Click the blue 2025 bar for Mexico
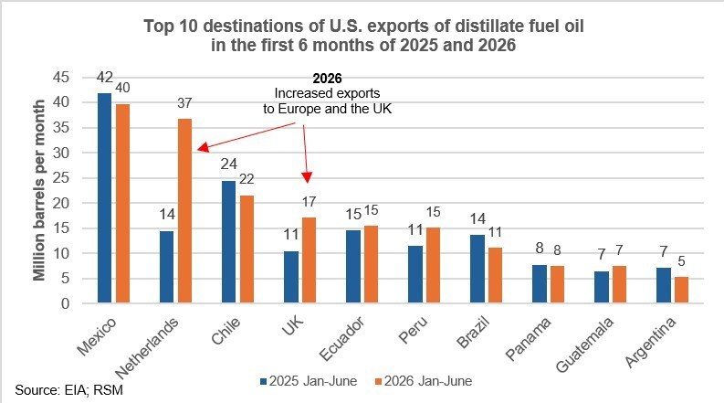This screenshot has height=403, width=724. click(105, 198)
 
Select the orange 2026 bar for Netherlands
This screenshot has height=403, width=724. click(184, 211)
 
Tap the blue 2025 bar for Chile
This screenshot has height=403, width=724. click(228, 242)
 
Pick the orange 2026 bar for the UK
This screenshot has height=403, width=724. click(309, 260)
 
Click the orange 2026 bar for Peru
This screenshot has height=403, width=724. click(433, 265)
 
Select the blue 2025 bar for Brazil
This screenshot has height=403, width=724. click(477, 269)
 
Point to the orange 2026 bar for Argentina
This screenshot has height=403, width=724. click(681, 291)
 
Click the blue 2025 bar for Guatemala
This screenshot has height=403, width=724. click(602, 287)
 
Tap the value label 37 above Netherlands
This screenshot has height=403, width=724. click(184, 103)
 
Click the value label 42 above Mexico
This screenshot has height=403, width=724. click(105, 77)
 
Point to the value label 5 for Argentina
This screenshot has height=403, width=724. click(681, 261)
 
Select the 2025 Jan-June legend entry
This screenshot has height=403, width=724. click(309, 381)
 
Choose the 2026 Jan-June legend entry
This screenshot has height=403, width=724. click(424, 381)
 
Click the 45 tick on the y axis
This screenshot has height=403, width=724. click(61, 77)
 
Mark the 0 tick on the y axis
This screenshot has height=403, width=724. click(65, 303)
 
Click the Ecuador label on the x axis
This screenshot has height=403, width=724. click(342, 338)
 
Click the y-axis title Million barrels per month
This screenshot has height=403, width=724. click(39, 190)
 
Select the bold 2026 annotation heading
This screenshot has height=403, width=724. click(328, 79)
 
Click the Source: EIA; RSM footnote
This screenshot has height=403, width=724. click(69, 390)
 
